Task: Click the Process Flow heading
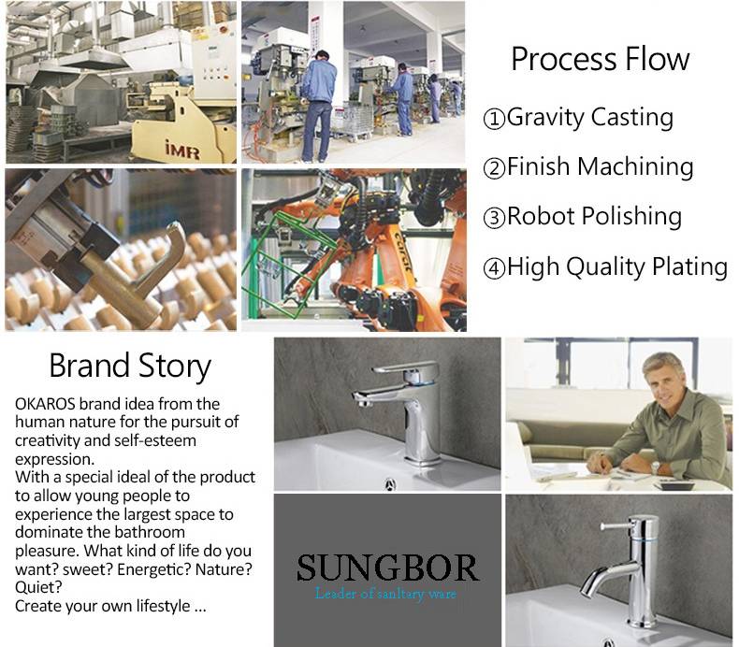(x=600, y=60)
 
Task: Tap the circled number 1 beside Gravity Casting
(x=495, y=119)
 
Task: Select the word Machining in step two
(x=635, y=167)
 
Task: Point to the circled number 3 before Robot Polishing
(x=495, y=218)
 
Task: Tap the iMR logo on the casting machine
(x=182, y=151)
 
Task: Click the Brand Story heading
(x=130, y=367)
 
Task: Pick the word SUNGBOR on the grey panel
(x=387, y=568)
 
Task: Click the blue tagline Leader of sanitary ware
(x=385, y=594)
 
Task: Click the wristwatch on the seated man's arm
(x=656, y=467)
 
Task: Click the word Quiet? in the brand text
(x=38, y=587)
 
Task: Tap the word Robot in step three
(x=541, y=216)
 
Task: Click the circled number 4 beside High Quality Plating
(x=495, y=267)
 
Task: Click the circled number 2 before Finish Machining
(x=495, y=167)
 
